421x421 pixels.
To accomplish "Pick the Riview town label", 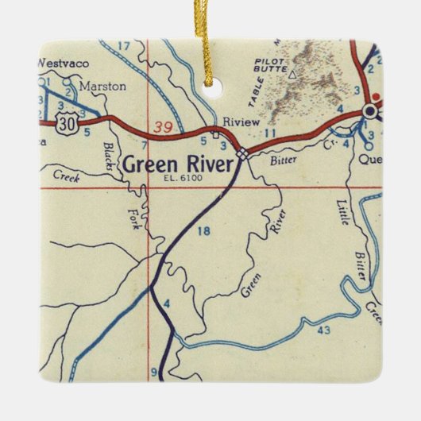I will coord(238,122).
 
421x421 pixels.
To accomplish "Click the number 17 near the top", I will coord(123,46).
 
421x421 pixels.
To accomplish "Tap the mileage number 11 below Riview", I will coord(270,133).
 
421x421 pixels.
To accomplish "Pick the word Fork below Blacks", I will coord(134,215).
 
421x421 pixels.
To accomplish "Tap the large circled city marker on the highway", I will coord(369,111).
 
